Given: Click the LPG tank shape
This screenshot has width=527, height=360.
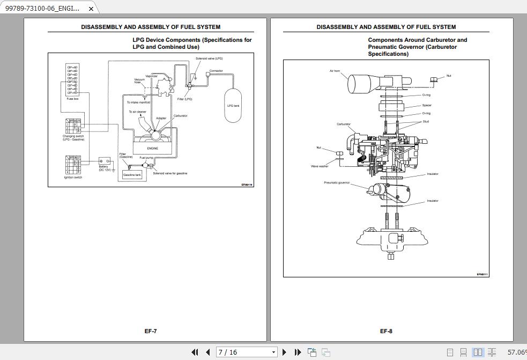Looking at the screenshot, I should click(233, 106).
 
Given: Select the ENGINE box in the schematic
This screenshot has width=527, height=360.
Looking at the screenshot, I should click(153, 148).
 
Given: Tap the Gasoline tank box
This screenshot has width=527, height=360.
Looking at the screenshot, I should click(132, 175).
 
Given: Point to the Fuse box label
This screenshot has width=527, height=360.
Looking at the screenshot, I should click(72, 99).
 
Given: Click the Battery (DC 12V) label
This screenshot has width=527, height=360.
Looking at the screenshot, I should click(104, 168).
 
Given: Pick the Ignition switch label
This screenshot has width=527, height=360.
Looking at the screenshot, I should click(73, 178).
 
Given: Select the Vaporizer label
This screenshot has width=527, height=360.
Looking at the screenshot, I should click(152, 76).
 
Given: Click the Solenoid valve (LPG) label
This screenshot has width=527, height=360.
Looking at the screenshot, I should click(209, 58).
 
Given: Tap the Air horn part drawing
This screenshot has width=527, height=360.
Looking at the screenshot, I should click(365, 83).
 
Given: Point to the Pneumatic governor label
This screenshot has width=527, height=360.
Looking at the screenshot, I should click(337, 182).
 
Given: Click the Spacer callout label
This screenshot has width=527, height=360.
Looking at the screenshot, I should click(427, 105).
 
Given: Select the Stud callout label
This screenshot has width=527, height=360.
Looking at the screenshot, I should click(426, 121).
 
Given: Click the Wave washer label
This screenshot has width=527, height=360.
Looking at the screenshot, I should click(320, 166).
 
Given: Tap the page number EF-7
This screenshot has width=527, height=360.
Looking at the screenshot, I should click(151, 331).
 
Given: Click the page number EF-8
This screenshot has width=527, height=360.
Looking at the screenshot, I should click(386, 331).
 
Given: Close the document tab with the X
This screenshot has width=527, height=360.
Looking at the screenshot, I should click(91, 9).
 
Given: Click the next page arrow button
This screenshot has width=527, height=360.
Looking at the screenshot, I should click(284, 352).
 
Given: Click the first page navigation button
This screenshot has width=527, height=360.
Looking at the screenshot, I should click(195, 352).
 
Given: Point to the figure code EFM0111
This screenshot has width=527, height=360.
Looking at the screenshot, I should click(482, 274).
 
